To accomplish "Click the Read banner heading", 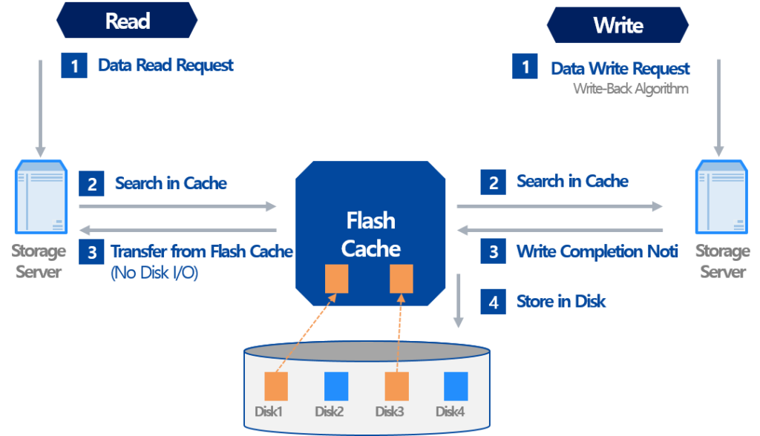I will click(x=127, y=21).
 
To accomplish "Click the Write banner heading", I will click(x=617, y=26).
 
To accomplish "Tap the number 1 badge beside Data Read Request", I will click(x=74, y=65).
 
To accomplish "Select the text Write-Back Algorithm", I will click(x=630, y=88).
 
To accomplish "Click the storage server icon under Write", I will click(x=721, y=199).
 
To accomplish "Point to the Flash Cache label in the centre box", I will click(x=371, y=234).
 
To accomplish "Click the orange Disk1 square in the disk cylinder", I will click(x=276, y=386).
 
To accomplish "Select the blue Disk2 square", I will click(x=336, y=386).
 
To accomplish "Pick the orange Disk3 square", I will click(x=396, y=386).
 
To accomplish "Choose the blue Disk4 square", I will click(x=456, y=386).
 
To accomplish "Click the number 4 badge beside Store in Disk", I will click(x=494, y=303).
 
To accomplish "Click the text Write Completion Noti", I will click(x=597, y=252).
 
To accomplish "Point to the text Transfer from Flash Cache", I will click(x=201, y=252).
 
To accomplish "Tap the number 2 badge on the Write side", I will click(x=494, y=182).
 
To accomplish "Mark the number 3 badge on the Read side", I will click(x=91, y=252).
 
